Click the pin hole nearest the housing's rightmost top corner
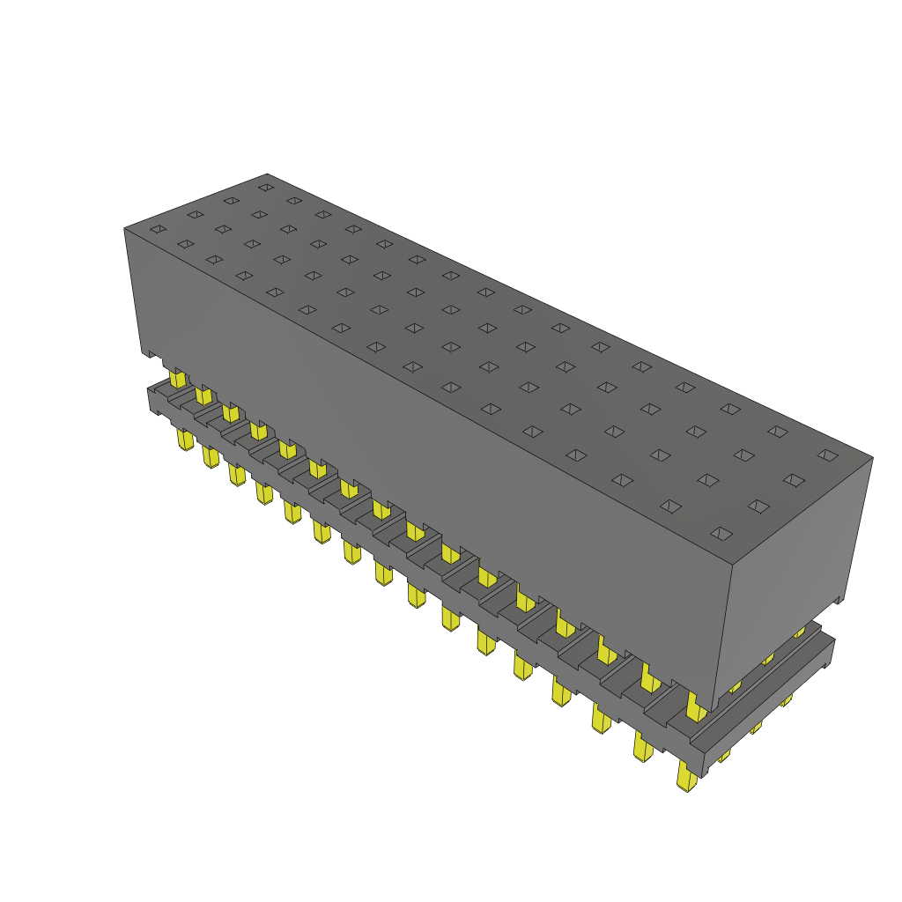coord(826,455)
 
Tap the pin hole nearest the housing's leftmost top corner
coord(158,230)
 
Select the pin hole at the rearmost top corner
coord(264,187)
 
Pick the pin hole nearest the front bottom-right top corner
coord(721,533)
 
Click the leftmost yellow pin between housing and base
coord(178,379)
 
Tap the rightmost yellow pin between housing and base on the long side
coord(695,704)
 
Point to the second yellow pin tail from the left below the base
coord(210,455)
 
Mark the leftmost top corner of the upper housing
coord(124,229)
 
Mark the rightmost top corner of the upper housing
coord(872,457)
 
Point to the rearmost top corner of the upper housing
coord(267,174)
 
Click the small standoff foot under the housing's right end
coord(838,598)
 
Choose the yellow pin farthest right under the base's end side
coord(787,699)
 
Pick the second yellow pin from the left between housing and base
coord(203,394)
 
